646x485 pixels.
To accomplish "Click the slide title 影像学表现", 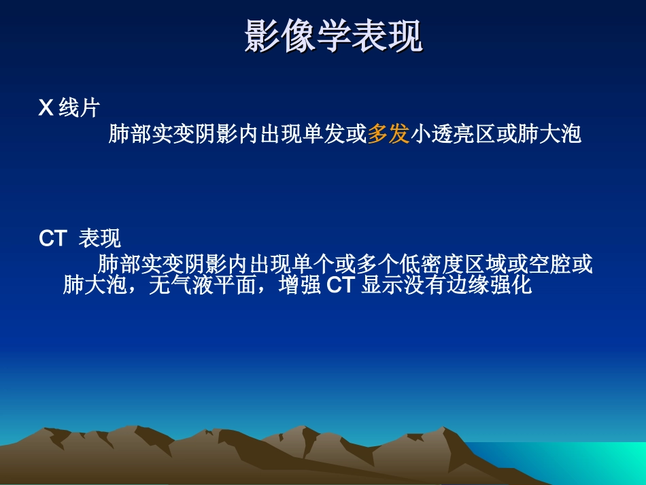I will pos(333,35).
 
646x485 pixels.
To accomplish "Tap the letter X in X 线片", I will pos(46,108).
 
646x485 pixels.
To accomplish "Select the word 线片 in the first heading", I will pos(79,108).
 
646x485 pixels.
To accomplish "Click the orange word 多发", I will pos(388,134).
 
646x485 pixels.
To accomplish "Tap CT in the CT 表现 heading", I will pos(52,239).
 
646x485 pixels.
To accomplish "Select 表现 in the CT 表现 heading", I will pos(100,239).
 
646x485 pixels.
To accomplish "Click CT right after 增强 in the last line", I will pos(341,285).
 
